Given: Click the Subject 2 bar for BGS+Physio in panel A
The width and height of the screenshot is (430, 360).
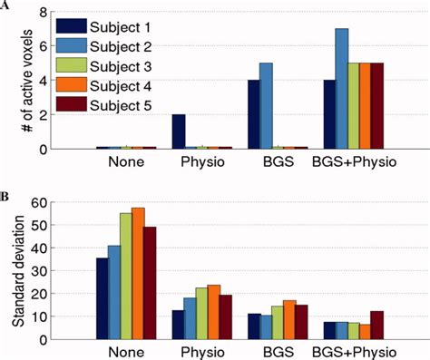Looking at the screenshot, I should (341, 88).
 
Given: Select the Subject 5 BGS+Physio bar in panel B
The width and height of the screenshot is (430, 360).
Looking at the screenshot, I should (377, 325).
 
